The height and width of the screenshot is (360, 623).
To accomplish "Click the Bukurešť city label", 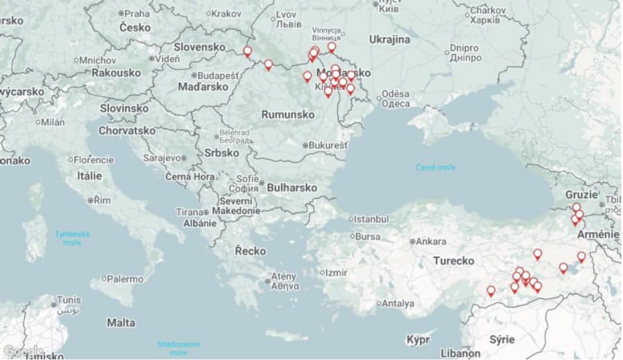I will [328, 145].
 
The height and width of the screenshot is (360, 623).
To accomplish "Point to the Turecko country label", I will [453, 261].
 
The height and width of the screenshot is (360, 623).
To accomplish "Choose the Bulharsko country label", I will [291, 188].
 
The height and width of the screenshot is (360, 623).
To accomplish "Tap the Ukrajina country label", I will [389, 39].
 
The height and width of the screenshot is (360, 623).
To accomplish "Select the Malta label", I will [121, 323].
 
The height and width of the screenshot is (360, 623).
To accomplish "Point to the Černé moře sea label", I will [436, 168].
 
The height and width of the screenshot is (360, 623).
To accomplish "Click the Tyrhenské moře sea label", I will [72, 238].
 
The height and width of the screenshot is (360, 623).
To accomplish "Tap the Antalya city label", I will [397, 303].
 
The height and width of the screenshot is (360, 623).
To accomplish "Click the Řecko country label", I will [250, 250].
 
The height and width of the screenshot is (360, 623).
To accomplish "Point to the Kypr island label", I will [418, 340].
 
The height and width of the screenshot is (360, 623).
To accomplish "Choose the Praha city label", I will [136, 13].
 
